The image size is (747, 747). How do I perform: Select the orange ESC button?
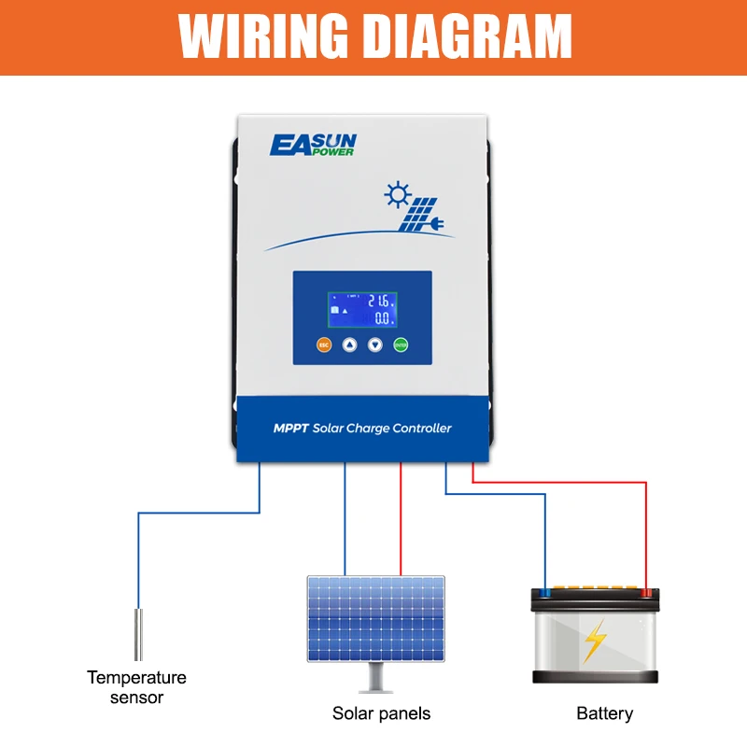[x=324, y=345]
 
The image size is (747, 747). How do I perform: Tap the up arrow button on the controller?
[x=349, y=345]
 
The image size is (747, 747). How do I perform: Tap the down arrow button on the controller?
[x=375, y=345]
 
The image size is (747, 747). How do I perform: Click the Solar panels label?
[x=381, y=713]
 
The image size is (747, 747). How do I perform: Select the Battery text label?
[x=604, y=713]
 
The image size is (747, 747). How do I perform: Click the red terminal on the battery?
[x=645, y=591]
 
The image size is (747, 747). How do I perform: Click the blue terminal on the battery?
[x=545, y=591]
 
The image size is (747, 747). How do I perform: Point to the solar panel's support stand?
[x=377, y=674]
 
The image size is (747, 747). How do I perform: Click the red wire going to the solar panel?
[x=401, y=518]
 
